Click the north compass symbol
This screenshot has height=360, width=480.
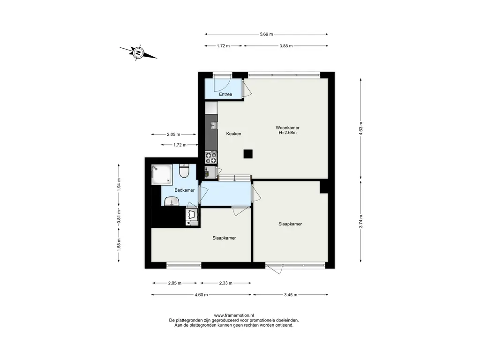coord(138,52)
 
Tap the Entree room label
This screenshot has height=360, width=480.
coord(225,94)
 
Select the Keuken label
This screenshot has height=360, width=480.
coord(233,134)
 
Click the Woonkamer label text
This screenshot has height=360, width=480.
coord(287,127)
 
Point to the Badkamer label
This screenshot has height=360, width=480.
coord(184,190)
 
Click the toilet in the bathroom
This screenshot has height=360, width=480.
coord(184,171)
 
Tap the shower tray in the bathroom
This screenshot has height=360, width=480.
coord(162,174)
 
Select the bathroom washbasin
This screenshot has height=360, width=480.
coord(172,202)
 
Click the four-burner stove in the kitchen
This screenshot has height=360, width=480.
coord(211,158)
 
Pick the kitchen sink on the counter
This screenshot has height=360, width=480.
coord(214,125)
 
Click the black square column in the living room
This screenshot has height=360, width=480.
coord(248,154)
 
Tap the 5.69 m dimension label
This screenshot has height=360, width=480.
coord(266,34)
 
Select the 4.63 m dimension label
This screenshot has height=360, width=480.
coord(361,128)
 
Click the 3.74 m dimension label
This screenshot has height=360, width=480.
coord(361,222)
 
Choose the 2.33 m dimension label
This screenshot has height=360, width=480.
coord(225,283)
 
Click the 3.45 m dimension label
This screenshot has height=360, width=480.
coord(291,295)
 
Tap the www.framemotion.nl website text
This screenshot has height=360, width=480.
coord(234,315)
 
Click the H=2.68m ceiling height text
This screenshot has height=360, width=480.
coord(287,133)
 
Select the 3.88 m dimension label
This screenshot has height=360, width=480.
coord(286,46)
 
